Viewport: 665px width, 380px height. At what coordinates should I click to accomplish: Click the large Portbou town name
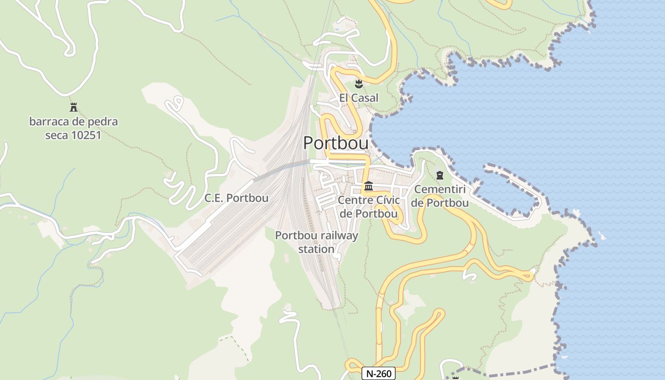(336, 142)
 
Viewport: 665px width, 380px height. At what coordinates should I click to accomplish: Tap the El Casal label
(359, 98)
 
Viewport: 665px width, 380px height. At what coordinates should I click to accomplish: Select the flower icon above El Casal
(359, 85)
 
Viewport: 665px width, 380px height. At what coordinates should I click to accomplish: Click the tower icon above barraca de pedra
(73, 107)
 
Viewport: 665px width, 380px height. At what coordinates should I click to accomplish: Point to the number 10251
(86, 135)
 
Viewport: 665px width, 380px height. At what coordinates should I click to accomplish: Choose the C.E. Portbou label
(236, 198)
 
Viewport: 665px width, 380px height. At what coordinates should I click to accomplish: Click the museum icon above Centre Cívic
(368, 186)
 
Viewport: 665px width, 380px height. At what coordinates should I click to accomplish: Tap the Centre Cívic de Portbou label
(369, 207)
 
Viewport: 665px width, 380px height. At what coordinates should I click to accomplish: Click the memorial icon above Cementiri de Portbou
(440, 176)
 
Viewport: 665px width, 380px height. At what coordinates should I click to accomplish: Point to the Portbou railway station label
(316, 242)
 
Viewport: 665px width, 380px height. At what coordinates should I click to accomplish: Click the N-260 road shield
(379, 374)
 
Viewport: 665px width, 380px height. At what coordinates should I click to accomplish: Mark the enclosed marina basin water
(506, 192)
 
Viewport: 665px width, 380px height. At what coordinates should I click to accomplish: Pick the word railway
(341, 235)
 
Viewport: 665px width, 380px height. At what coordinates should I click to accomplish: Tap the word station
(316, 249)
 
